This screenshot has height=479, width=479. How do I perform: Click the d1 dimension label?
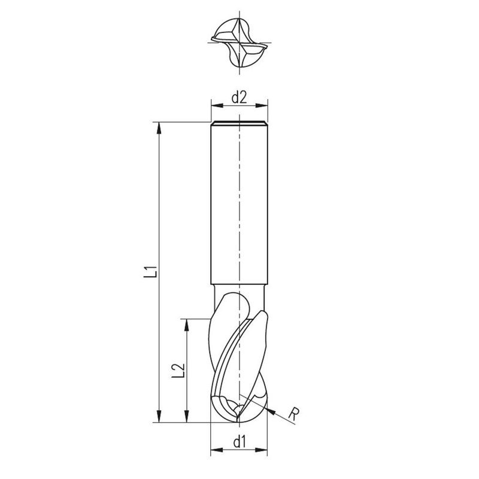(239, 442)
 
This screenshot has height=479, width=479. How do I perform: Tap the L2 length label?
(178, 370)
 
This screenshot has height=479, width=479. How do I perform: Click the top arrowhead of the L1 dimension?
(159, 126)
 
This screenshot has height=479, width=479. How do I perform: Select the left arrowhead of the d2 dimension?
(215, 106)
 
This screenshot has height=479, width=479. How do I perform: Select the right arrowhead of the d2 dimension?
(263, 106)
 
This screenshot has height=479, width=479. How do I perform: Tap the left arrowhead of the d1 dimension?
(216, 450)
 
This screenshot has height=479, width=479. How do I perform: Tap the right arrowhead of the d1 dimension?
(263, 450)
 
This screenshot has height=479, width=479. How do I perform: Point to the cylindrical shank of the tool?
(239, 204)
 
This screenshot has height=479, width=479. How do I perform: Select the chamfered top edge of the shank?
(239, 124)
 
